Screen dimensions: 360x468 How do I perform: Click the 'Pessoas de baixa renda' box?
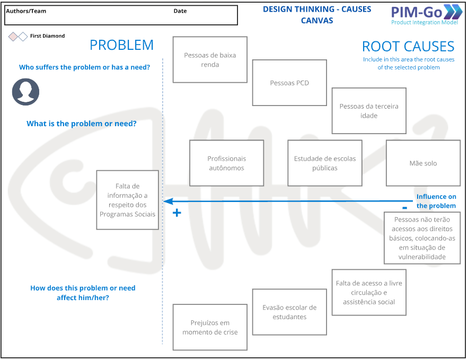210,59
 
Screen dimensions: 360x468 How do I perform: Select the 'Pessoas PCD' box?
289,83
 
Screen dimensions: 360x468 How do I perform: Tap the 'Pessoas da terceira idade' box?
369,111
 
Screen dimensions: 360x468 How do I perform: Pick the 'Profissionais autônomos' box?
226,163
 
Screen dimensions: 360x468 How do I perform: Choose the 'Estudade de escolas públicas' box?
325,163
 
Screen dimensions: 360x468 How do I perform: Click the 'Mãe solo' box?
423,163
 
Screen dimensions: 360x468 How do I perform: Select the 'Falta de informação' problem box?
127,200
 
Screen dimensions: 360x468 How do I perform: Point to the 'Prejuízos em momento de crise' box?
210,327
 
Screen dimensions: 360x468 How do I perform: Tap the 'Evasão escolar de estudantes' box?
289,312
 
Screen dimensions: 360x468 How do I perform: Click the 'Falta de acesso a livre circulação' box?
369,292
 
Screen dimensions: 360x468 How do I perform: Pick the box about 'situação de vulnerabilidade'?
422,238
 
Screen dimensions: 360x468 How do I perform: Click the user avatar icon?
25,92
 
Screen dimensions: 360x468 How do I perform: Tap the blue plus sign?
177,213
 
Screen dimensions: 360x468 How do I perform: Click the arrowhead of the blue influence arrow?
166,201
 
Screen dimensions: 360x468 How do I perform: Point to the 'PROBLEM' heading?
121,46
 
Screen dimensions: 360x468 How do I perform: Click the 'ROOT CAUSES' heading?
408,47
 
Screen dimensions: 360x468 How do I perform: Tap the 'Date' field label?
180,11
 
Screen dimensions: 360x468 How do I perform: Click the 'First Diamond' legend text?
47,36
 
